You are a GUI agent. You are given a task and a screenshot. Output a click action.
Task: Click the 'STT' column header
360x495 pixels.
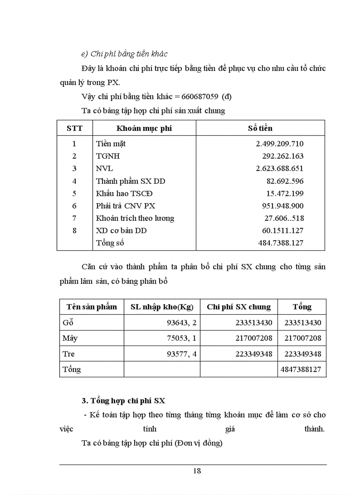tap(74, 128)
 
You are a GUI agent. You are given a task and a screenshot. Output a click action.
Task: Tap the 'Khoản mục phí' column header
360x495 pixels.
tap(144, 128)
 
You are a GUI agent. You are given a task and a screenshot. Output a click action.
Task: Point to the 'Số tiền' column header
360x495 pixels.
tap(260, 128)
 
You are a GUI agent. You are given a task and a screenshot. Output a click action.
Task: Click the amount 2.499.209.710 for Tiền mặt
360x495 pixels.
tap(279, 144)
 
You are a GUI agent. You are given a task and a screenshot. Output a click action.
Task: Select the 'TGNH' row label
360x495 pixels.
tap(108, 156)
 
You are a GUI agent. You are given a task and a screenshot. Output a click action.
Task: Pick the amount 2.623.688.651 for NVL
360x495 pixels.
tap(279, 168)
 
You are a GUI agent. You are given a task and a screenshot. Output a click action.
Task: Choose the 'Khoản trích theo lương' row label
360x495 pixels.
tap(135, 218)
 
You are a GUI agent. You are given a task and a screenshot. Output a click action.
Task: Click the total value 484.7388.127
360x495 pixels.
tap(281, 243)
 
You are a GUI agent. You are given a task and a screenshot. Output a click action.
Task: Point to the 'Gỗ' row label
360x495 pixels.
tap(68, 323)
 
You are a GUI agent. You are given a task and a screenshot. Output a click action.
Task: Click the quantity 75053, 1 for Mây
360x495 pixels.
tap(181, 339)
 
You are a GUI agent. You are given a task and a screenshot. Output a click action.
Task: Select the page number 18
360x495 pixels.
tap(197, 471)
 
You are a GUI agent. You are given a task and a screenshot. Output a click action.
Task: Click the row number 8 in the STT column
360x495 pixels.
tap(74, 231)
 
